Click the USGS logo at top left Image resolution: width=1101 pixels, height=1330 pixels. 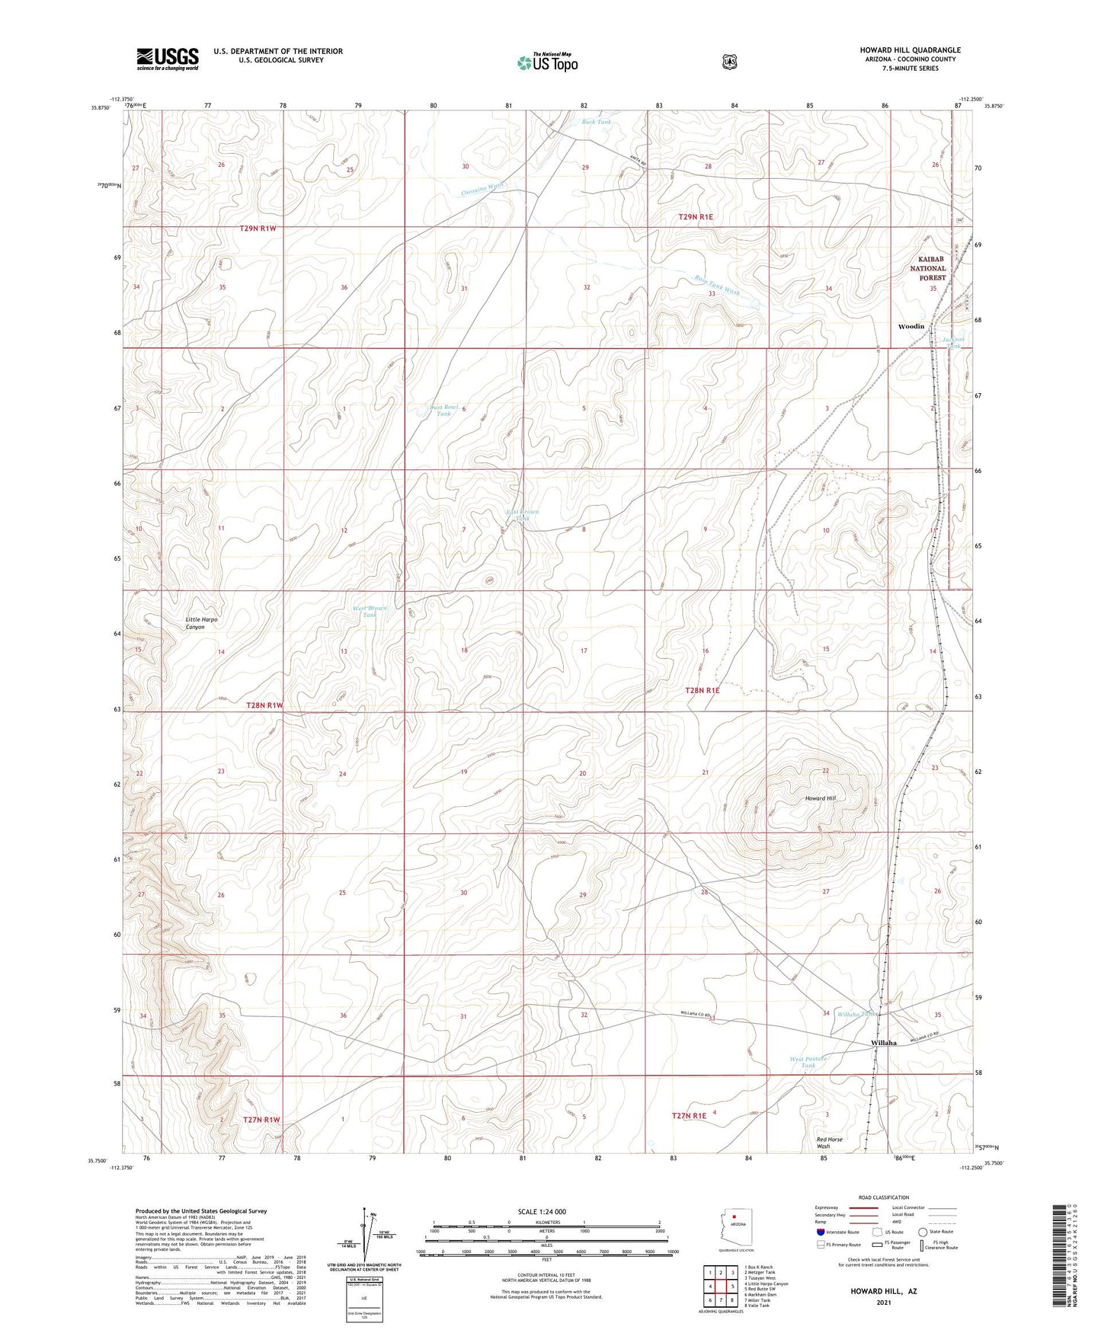(168, 59)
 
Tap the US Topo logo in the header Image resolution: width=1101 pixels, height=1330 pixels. (547, 62)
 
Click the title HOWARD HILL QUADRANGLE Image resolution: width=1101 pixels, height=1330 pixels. (910, 50)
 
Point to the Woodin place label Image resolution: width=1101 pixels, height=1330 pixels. (911, 326)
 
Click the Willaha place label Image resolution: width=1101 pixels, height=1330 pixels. (884, 1043)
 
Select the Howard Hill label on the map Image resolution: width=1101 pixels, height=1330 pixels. (821, 798)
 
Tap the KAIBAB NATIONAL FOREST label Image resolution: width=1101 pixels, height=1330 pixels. (927, 268)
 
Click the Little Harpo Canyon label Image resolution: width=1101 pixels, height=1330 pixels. (202, 623)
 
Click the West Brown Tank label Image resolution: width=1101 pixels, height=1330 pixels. (370, 612)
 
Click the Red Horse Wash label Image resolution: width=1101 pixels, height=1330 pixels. (829, 1143)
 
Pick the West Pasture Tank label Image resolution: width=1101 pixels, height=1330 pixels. (808, 1062)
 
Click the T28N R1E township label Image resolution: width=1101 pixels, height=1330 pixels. (702, 690)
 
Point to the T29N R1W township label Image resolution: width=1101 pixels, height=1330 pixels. (263, 228)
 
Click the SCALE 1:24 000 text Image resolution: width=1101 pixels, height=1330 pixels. (541, 1211)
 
